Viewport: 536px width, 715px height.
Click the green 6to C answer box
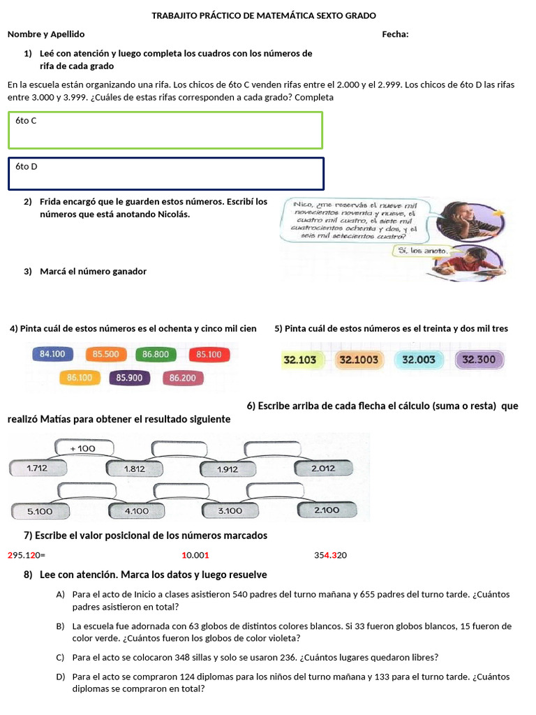(165, 130)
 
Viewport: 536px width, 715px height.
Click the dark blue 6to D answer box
(166, 173)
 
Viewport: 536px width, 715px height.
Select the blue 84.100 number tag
(53, 355)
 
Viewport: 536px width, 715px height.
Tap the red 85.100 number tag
(209, 355)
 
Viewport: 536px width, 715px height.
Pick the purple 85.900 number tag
(130, 378)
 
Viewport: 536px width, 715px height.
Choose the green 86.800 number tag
(156, 355)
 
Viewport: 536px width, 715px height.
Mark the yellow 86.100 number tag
(80, 378)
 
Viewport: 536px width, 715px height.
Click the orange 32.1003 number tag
(359, 360)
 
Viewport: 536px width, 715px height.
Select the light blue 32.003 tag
(419, 360)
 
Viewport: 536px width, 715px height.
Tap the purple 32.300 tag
(479, 360)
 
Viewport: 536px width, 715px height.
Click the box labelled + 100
(83, 448)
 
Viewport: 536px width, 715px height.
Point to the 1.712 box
(37, 469)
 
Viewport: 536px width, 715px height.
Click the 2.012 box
(322, 469)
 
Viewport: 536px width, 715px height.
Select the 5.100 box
(40, 511)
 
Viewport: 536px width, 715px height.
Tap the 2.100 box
(327, 510)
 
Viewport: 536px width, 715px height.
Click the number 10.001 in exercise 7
(195, 555)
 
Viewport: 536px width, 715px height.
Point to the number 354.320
(331, 555)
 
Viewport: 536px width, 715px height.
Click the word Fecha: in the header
(395, 34)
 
